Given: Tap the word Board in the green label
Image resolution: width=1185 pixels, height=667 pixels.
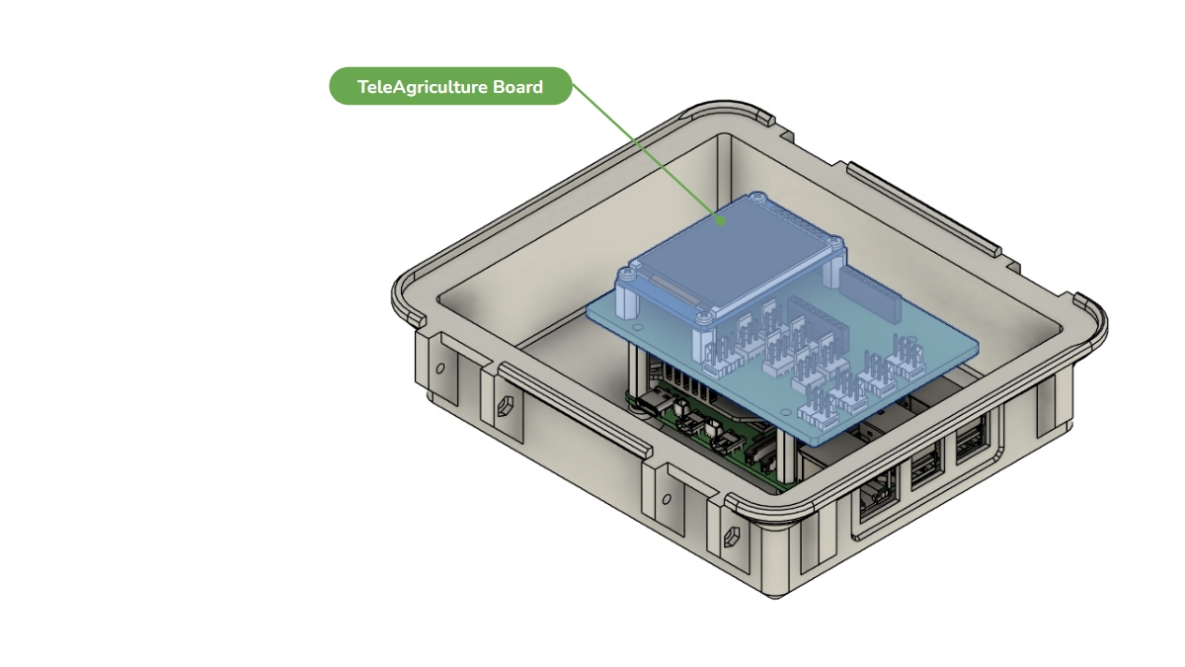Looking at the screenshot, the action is tap(517, 86).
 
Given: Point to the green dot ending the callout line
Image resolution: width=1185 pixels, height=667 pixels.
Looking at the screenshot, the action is tap(720, 220).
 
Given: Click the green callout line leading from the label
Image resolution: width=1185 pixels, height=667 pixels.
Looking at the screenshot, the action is tap(646, 152).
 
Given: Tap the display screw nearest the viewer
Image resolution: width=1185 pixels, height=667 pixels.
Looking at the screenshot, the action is tap(702, 316).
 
